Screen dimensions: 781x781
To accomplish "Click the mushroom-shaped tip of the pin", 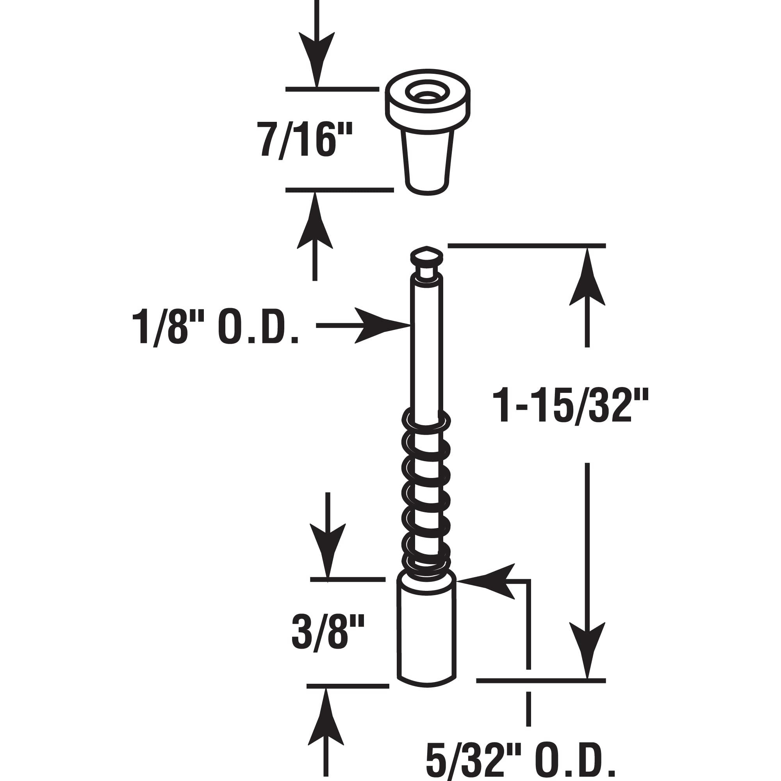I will [426, 255].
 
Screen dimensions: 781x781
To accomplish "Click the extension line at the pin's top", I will [526, 245].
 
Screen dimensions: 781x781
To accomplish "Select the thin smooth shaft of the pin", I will [426, 356].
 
